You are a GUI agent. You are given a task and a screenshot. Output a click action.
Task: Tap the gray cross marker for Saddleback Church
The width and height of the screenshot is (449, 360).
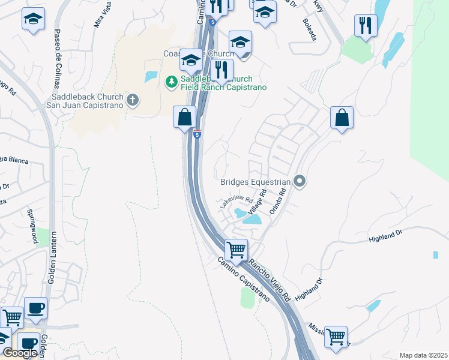tap(133, 100)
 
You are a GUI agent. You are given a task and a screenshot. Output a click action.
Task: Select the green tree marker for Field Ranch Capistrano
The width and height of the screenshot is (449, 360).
tap(172, 81)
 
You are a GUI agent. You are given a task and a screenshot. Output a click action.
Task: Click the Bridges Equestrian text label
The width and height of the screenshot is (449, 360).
tap(255, 181)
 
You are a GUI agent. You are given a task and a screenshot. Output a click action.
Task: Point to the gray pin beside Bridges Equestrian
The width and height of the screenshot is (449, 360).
tap(300, 181)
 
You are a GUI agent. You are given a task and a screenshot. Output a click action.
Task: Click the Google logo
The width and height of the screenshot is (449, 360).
tap(20, 353)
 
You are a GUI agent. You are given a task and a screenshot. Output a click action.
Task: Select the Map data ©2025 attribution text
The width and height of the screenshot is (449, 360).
tap(423, 355)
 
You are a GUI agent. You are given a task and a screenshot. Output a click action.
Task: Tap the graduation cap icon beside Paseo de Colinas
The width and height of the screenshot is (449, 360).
tap(34, 19)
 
